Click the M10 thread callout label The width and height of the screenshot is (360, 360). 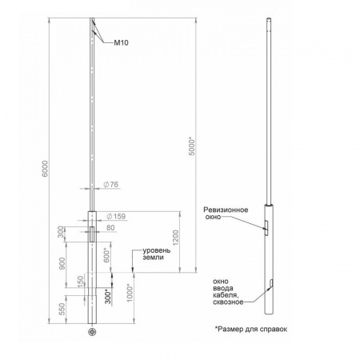tap(121, 42)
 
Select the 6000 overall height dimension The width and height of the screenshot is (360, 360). tap(45, 168)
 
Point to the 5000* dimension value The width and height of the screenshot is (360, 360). tap(192, 146)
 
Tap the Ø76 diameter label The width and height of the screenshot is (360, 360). tap(110, 184)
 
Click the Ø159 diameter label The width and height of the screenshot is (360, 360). tap(116, 216)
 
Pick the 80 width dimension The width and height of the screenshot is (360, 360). tap(110, 227)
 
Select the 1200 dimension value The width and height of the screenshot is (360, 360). tap(176, 238)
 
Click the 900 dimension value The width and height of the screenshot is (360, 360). tap(62, 263)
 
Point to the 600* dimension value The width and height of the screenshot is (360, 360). tap(106, 255)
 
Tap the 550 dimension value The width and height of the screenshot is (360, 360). tap(62, 309)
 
